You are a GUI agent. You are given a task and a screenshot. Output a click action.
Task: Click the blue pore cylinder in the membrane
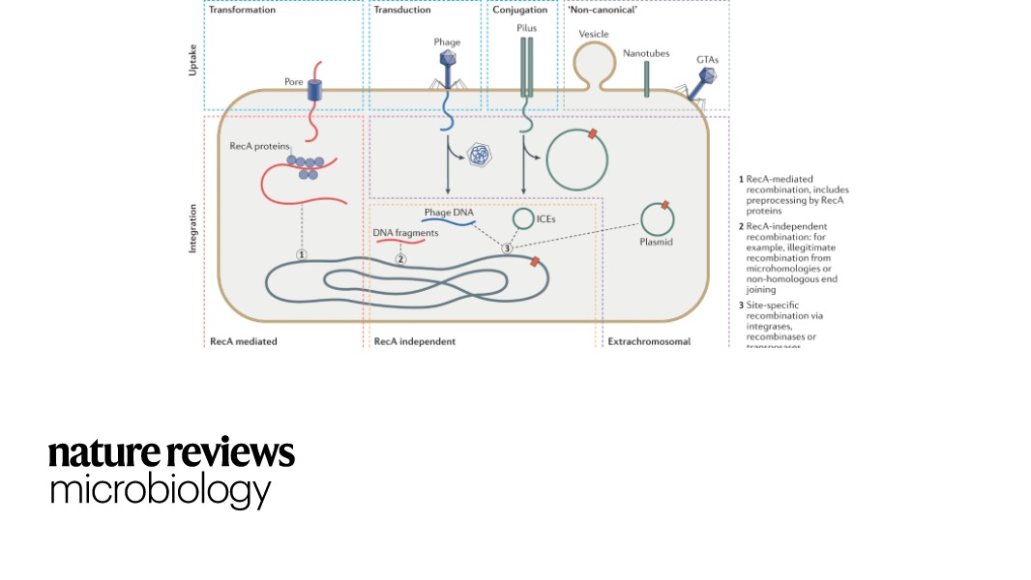tap(315, 91)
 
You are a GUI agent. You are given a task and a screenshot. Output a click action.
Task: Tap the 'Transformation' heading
tap(242, 10)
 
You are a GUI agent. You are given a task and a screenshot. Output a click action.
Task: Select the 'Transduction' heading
tap(402, 10)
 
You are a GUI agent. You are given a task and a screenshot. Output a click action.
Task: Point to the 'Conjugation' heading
tap(520, 10)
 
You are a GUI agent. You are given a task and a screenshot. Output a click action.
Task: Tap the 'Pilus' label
tap(526, 29)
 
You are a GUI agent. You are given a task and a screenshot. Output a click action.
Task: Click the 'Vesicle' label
tap(593, 34)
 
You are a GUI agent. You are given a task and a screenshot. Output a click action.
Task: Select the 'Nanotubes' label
tap(646, 53)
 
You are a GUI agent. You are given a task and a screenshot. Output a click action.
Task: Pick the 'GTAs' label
tap(707, 59)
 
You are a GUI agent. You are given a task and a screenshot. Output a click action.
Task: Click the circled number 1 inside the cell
tap(302, 253)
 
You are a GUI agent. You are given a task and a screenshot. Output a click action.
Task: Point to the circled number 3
tap(506, 248)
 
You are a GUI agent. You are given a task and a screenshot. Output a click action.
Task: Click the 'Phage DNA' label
tap(448, 212)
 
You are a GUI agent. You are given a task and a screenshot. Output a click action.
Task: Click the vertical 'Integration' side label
tap(191, 228)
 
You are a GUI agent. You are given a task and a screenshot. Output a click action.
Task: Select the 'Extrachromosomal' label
tap(648, 341)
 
